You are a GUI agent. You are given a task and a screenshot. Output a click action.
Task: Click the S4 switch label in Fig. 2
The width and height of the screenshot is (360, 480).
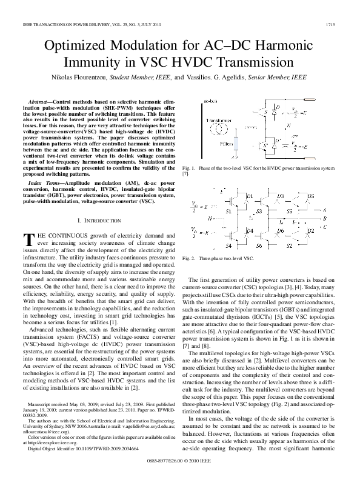pos(228,246)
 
